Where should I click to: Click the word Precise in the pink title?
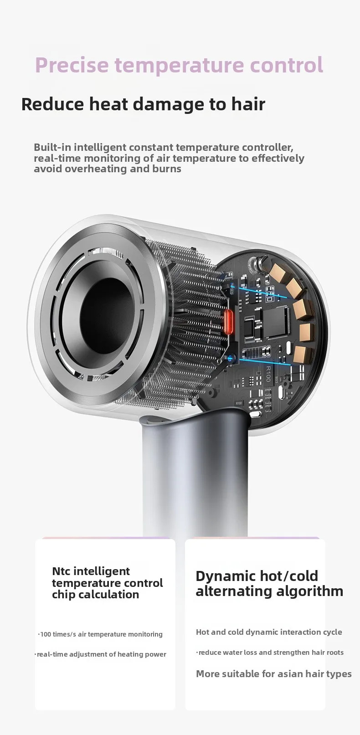click(x=72, y=65)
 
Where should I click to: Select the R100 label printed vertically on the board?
click(x=267, y=373)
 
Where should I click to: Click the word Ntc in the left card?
click(x=61, y=571)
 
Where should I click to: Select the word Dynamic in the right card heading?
click(x=225, y=576)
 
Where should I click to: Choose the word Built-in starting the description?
click(x=52, y=148)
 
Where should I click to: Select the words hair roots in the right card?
click(x=328, y=653)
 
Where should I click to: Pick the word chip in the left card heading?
click(x=63, y=595)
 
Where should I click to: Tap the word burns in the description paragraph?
click(x=169, y=169)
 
